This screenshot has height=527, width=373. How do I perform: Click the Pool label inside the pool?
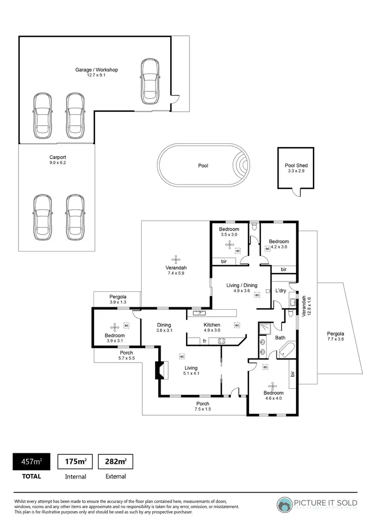point(203,166)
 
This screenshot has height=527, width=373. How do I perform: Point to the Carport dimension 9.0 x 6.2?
point(58,163)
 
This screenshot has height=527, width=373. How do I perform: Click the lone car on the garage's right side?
point(149,82)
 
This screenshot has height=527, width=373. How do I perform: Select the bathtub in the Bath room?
point(286,351)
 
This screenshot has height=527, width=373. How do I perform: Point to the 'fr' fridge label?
point(204,341)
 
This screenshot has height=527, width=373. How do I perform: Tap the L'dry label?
point(280,290)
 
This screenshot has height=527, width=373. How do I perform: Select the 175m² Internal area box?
point(76,462)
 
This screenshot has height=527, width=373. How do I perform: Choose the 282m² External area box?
point(116,462)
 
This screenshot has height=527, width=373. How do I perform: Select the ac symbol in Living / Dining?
point(257,295)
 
